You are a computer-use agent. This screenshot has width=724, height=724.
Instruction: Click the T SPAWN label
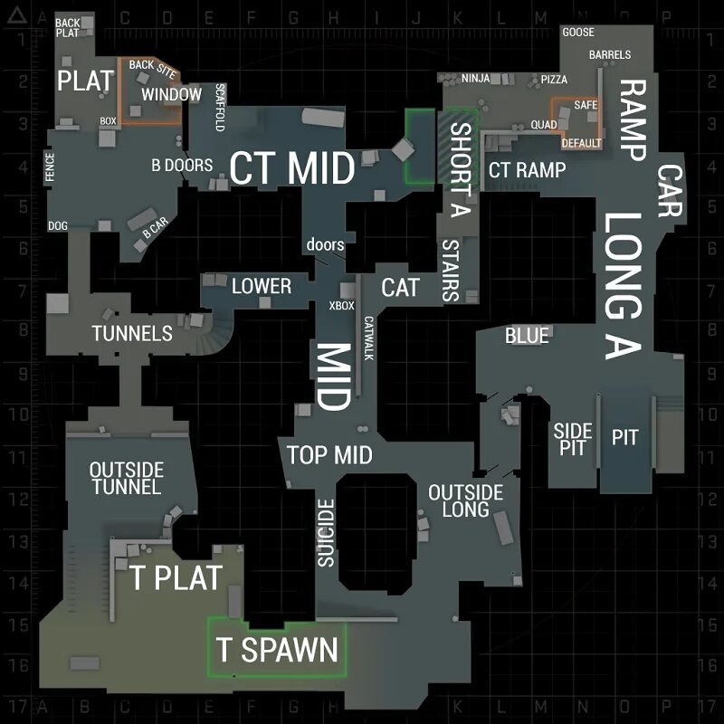click(x=277, y=649)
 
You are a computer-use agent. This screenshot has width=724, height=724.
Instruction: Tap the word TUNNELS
click(x=132, y=333)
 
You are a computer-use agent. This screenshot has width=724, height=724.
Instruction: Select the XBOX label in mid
click(x=342, y=306)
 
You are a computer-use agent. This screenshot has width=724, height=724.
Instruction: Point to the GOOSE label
click(x=578, y=33)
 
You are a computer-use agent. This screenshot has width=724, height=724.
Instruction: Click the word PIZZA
click(x=554, y=80)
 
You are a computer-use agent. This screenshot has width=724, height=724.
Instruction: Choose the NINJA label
click(x=475, y=79)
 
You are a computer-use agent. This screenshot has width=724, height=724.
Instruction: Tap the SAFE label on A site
click(x=586, y=105)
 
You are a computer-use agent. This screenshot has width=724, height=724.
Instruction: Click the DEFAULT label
click(x=581, y=143)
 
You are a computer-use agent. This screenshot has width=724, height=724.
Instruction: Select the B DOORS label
click(x=182, y=165)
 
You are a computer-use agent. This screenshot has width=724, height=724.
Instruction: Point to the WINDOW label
click(x=171, y=94)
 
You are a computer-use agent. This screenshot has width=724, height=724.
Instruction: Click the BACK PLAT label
click(x=68, y=27)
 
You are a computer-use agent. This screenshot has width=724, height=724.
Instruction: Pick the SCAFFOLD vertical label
click(x=219, y=108)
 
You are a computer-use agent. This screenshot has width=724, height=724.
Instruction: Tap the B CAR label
click(x=155, y=229)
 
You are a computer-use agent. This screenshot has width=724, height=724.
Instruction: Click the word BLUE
click(x=527, y=336)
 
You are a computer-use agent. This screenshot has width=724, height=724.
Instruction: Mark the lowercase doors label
click(x=326, y=244)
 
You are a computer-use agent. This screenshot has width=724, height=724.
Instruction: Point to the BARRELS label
click(x=610, y=55)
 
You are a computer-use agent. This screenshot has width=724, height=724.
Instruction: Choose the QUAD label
click(x=544, y=124)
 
